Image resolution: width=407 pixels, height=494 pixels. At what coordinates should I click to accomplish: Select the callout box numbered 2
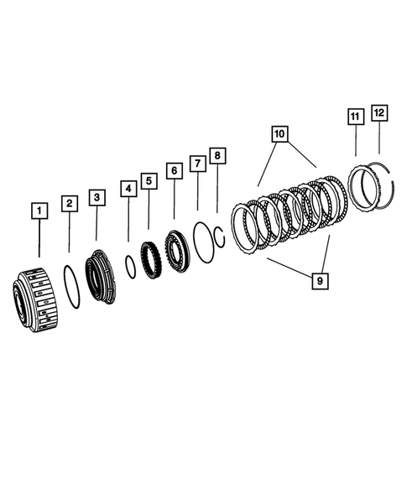point(70,202)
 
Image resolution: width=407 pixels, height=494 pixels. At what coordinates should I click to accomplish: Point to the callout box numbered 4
point(128,189)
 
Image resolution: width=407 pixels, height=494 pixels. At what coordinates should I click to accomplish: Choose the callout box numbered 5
point(149,180)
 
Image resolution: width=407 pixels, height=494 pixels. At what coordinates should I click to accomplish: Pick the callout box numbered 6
point(174,171)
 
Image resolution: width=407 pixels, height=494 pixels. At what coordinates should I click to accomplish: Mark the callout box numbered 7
point(197,163)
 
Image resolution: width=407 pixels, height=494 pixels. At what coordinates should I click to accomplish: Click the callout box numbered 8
point(217,155)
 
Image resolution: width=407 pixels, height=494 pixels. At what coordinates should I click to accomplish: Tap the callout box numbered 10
point(279,133)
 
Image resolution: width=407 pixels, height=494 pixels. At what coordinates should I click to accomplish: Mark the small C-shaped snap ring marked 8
point(220,236)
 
